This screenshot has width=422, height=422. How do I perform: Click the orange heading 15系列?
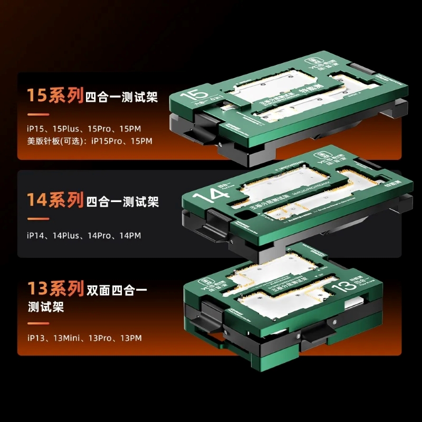coord(55,97)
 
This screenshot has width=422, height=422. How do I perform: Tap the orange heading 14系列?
coord(55,201)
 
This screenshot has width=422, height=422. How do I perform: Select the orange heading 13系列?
coord(55,289)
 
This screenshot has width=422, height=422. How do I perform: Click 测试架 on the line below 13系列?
coord(46,306)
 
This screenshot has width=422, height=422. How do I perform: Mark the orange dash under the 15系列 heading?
coord(38,114)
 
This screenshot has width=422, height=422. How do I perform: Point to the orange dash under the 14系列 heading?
coord(38,218)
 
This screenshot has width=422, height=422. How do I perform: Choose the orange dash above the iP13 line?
coord(38,323)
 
